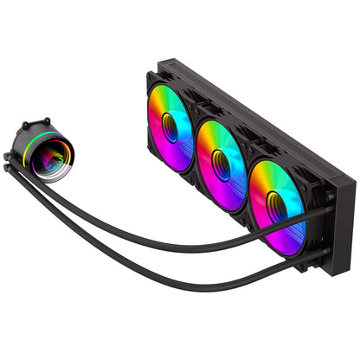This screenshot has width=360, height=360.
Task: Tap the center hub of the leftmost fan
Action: pos(170,130)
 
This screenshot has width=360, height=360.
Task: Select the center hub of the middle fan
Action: pos(222,164)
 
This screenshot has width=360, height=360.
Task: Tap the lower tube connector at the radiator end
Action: pos(325,253)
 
